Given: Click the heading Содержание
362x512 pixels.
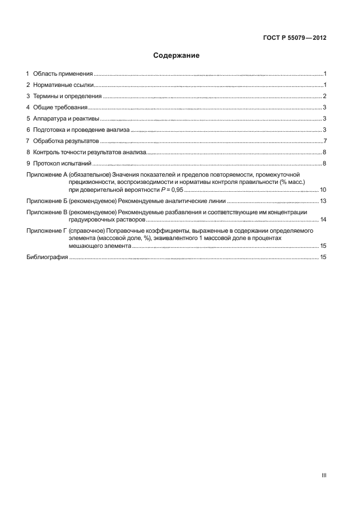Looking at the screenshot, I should click(x=177, y=56).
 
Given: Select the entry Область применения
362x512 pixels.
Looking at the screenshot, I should click(x=63, y=74).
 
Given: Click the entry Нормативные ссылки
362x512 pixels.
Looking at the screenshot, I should click(x=63, y=85).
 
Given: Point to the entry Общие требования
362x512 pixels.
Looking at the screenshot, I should click(x=60, y=108).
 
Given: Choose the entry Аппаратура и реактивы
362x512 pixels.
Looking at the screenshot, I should click(x=66, y=119).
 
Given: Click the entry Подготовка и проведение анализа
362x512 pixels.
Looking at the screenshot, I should click(x=81, y=130).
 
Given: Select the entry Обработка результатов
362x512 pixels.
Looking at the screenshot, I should click(x=66, y=141).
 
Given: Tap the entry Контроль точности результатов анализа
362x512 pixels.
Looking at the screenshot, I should click(x=90, y=152).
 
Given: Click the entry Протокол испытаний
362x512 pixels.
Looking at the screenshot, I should click(x=62, y=163).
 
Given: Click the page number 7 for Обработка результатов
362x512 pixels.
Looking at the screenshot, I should click(x=324, y=141).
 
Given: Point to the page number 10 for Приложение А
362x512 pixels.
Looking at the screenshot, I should click(x=323, y=190).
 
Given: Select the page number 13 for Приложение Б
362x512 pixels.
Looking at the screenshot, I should click(x=323, y=201).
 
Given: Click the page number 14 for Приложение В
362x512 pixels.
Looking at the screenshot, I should click(x=323, y=219).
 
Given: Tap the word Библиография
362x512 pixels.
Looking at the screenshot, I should click(x=47, y=257).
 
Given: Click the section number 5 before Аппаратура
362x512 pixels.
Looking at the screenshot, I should click(x=28, y=119).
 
